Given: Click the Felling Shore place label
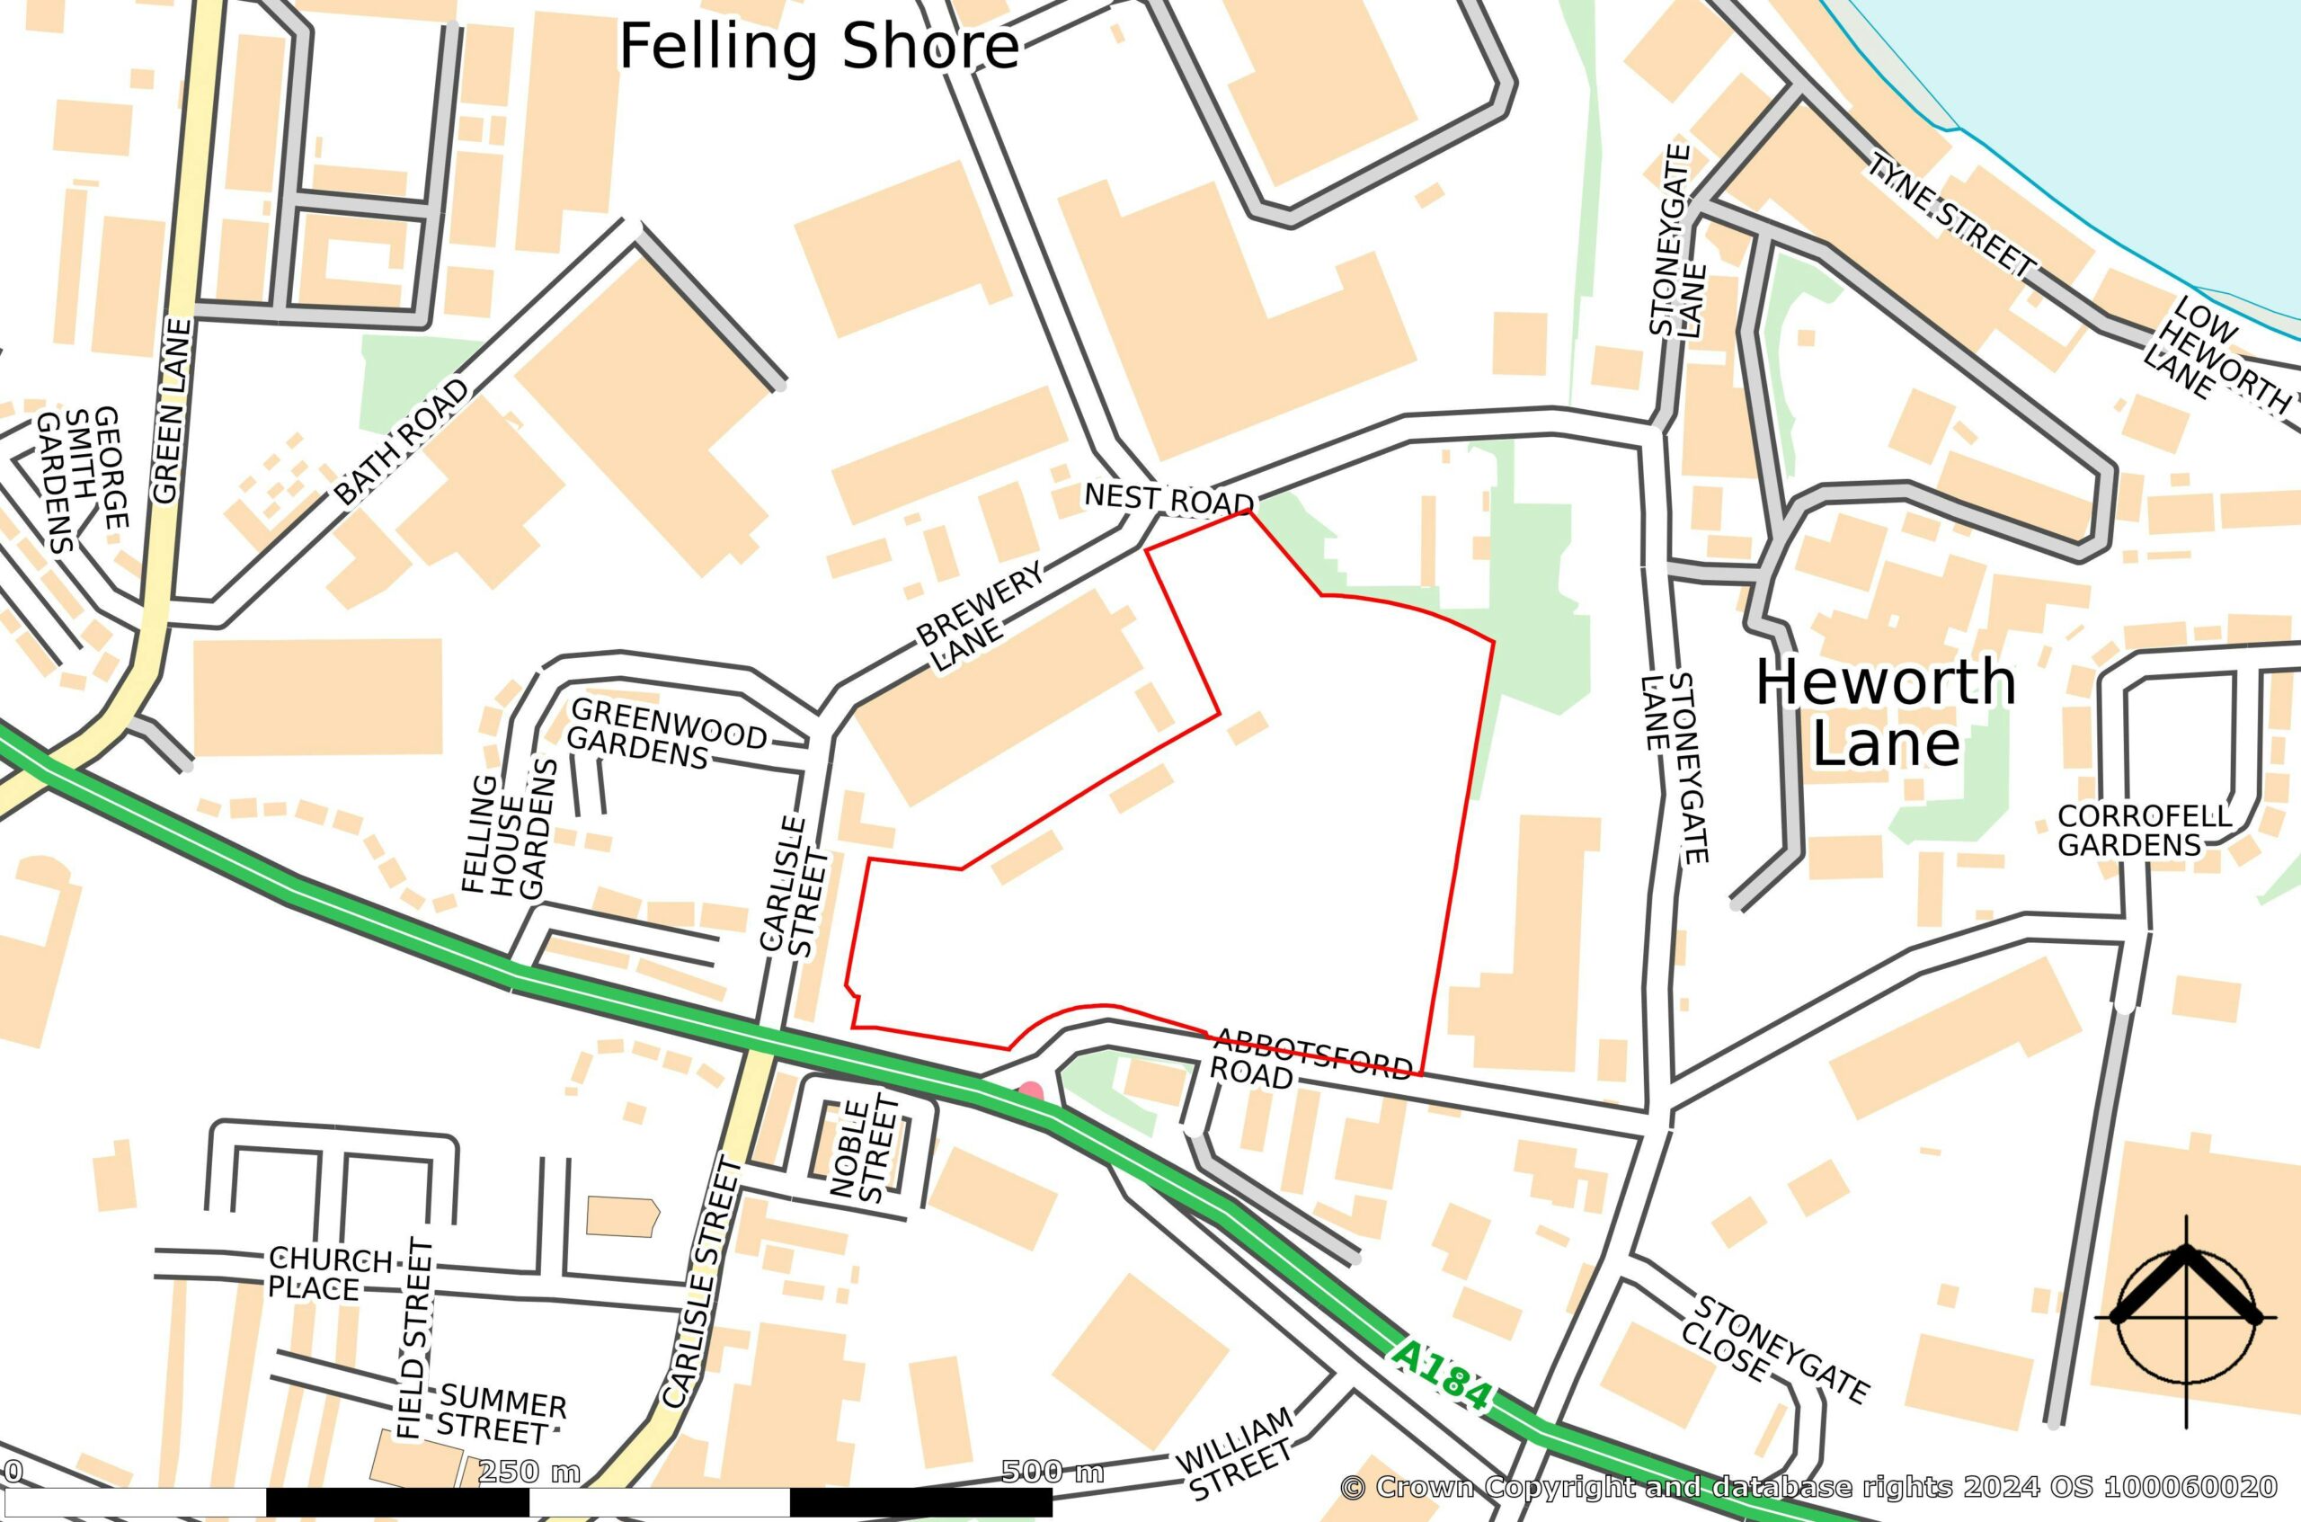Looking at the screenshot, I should point(819,47).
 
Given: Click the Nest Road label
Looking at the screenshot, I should point(1168,499).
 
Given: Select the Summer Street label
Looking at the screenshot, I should point(499,1416).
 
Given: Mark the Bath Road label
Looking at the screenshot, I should point(403,441).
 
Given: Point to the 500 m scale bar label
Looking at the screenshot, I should point(1052,1472).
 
